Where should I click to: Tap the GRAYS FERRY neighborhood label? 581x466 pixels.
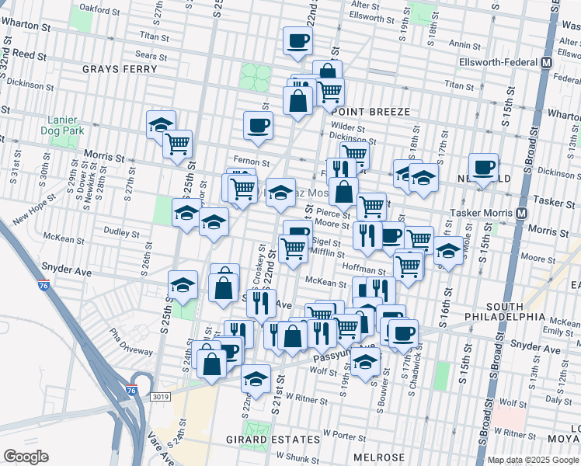[120, 68]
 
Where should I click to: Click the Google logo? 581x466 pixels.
[26, 456]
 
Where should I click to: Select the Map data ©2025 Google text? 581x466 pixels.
[533, 460]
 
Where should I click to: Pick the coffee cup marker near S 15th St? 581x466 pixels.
[484, 167]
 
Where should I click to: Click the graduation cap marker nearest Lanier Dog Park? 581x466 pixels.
[161, 124]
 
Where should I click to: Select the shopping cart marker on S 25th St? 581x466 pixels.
[179, 144]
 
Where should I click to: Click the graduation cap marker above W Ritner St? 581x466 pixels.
[254, 379]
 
